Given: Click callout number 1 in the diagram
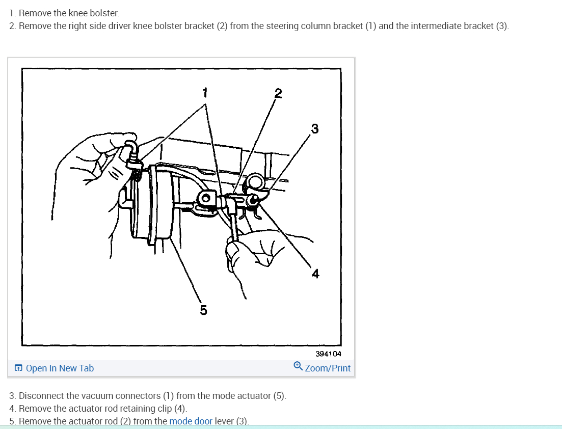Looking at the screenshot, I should coord(205,92).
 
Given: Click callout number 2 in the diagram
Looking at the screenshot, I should coord(278,93).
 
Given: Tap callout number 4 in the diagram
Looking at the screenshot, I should coord(315,274).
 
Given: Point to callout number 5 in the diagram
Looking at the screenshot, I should coord(203,310).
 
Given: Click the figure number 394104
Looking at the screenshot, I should coord(328,354).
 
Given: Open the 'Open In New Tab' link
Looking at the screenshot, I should coord(60,368).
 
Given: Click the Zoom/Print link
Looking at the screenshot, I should coord(328,368).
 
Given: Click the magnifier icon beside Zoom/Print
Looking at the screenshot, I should coord(298,366).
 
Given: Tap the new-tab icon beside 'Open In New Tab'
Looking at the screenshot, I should coord(18,368).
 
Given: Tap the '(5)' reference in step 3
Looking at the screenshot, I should coord(279,396).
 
